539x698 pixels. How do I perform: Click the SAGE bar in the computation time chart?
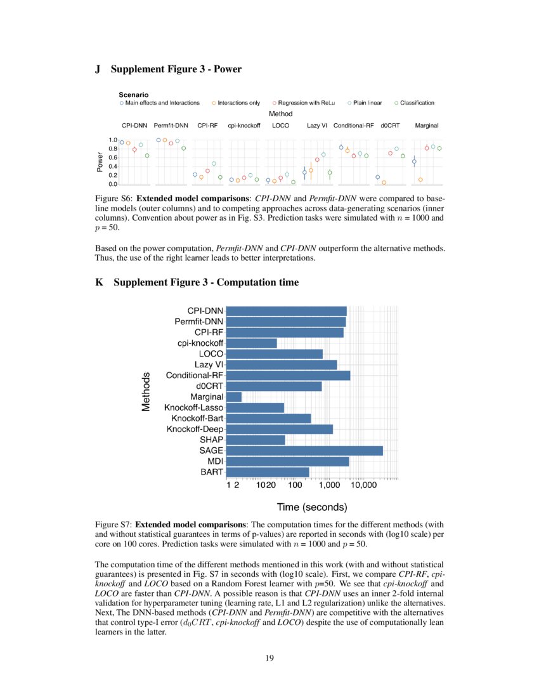coord(304,450)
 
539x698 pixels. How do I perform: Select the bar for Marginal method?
coord(234,397)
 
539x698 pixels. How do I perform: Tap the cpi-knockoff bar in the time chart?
coord(251,343)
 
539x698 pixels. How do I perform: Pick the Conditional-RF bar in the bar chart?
coord(288,376)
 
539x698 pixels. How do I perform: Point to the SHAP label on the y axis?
coord(211,440)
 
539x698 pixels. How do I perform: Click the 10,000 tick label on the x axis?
coord(364,485)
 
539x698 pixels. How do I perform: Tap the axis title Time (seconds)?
coord(312,507)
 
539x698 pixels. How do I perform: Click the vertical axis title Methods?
coord(146,392)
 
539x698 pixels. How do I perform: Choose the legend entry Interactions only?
coord(235,103)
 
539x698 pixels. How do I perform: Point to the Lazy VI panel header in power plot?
coord(316,126)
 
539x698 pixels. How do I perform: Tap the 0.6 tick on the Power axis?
coord(112,157)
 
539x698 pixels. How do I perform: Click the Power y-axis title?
coord(100,162)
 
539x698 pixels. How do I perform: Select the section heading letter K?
coord(98,282)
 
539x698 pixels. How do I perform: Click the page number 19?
coord(269,658)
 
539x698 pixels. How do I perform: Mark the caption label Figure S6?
coord(114,199)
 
